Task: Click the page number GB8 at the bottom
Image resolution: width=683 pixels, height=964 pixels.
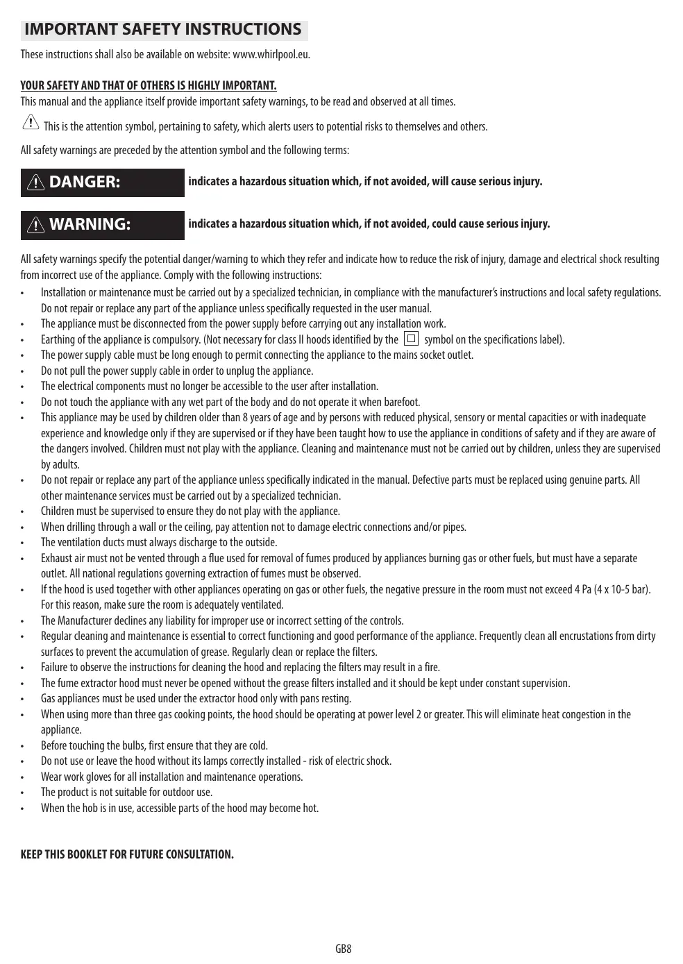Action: pos(343,949)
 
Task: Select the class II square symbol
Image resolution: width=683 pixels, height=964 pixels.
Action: pos(411,339)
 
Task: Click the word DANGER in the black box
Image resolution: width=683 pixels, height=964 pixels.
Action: pos(85,182)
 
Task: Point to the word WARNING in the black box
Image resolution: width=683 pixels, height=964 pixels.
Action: pos(90,224)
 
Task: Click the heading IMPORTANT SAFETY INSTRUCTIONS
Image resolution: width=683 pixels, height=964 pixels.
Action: pos(163,29)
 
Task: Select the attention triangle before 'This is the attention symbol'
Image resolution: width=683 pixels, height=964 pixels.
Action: pos(31,123)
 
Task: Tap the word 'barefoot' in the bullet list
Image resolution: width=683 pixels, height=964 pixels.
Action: pos(402,403)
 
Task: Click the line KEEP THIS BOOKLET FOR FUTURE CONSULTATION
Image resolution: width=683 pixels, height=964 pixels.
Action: pos(127,854)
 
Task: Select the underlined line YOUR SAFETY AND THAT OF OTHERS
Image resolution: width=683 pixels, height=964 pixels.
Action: pos(149,86)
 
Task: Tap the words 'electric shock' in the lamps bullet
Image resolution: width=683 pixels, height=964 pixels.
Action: pos(365,761)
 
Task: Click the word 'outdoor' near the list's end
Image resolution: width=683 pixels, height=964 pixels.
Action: pos(162,793)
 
